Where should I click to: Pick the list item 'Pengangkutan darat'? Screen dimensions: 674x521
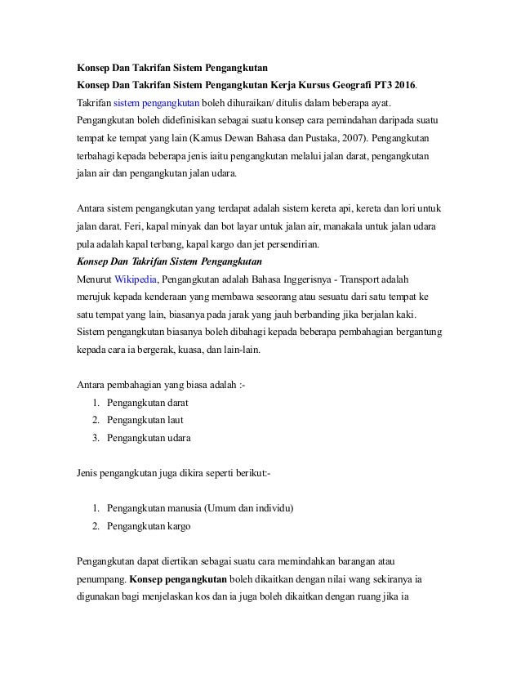(x=148, y=403)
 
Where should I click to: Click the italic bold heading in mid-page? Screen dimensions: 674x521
(x=168, y=261)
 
